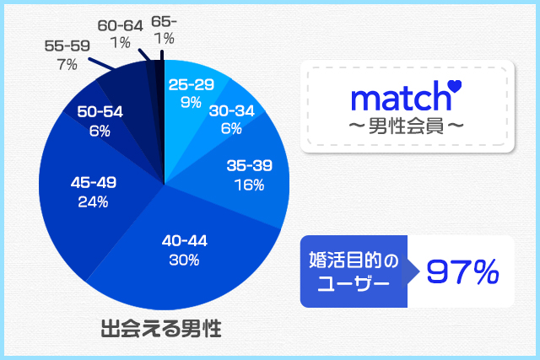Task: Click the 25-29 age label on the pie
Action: [x=191, y=84]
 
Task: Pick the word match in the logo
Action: [x=396, y=99]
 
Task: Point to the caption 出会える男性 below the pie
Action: [x=160, y=328]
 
